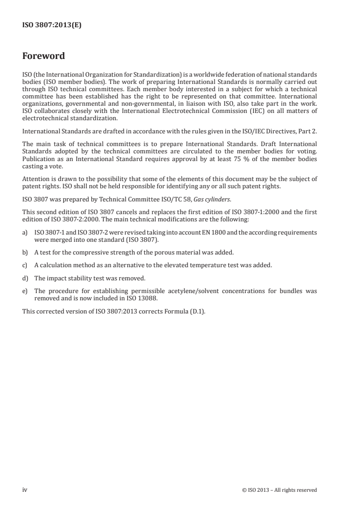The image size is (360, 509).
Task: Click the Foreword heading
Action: pyautogui.click(x=44, y=56)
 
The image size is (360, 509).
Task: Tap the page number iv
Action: pyautogui.click(x=25, y=489)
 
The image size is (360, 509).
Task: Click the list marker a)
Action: pyautogui.click(x=25, y=232)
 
